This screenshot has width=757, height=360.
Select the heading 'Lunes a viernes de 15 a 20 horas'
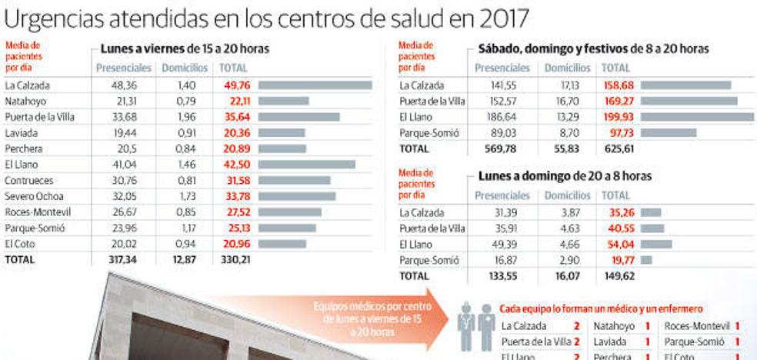[185, 49]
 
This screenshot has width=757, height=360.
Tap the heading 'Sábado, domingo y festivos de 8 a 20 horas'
[593, 49]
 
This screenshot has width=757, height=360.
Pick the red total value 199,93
[619, 117]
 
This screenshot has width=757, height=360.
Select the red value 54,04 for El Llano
[620, 244]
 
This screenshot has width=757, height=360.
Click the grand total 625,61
[619, 148]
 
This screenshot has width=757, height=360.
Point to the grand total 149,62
[619, 275]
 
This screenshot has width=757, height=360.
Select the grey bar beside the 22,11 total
[283, 101]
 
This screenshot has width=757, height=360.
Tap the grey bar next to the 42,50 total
[306, 165]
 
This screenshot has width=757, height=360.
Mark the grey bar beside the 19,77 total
[646, 260]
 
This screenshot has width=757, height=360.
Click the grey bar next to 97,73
[668, 133]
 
